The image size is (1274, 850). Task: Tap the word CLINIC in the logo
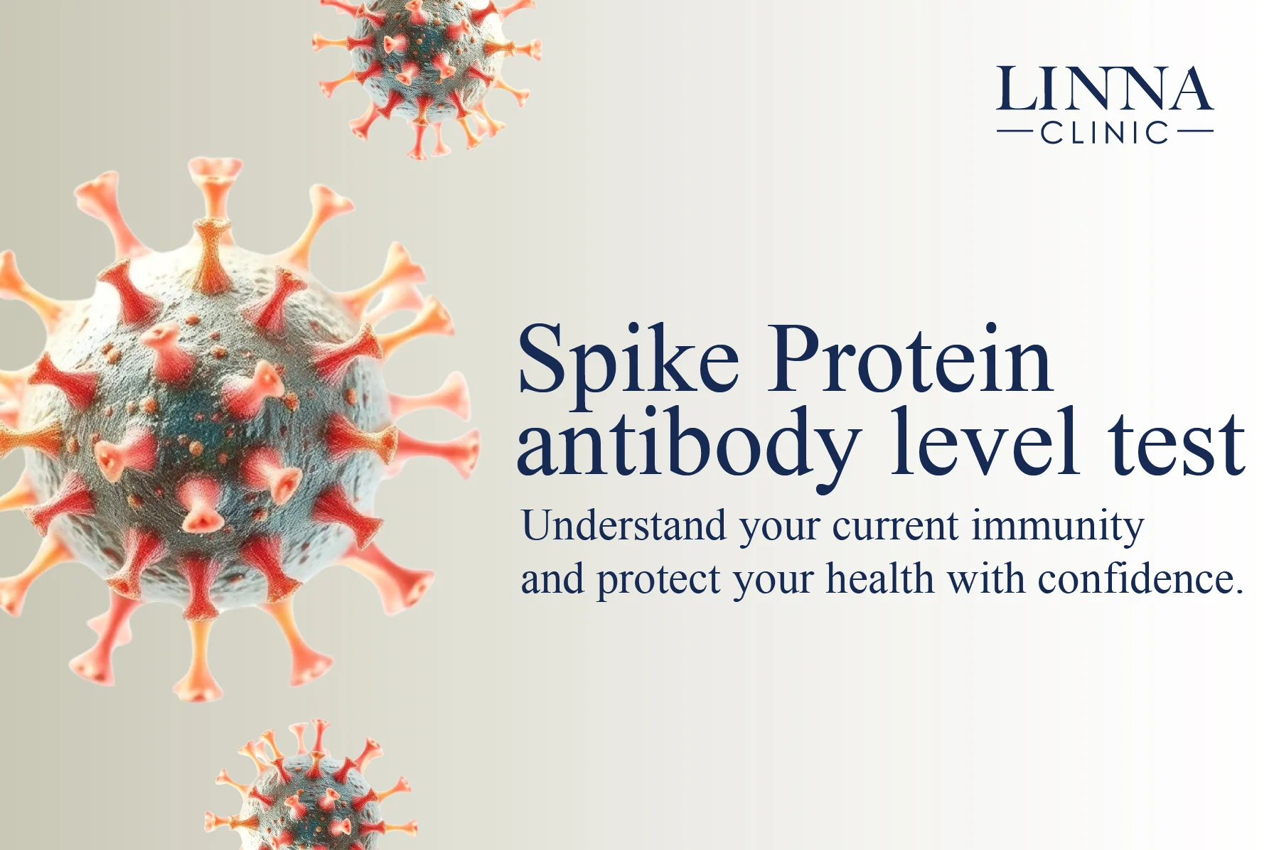[x=1105, y=132]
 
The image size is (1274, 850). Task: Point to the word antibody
[x=688, y=445]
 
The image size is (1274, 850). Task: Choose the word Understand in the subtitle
[x=623, y=526]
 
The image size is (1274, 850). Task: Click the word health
[x=879, y=578]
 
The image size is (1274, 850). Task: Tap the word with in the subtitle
[x=985, y=578]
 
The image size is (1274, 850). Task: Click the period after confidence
[x=1239, y=591]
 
